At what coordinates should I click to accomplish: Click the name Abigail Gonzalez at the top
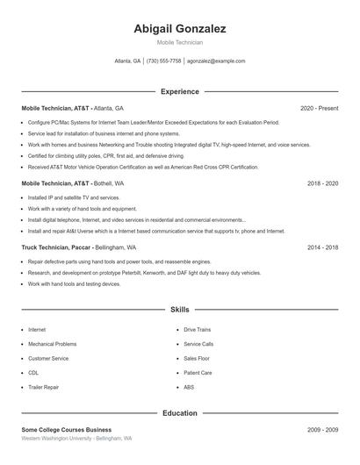180,29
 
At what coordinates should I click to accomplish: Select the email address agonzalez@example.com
216,61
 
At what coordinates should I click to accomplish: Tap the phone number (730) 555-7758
164,61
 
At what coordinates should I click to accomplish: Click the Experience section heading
180,91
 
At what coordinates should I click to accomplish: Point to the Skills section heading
180,310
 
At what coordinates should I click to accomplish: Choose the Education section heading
180,412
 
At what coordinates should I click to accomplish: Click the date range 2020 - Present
319,108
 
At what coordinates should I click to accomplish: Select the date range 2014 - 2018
322,247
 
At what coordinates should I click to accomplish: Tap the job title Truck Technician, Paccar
55,247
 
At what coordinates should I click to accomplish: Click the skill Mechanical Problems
53,344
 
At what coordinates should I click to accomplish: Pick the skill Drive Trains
197,330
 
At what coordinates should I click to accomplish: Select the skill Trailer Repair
44,387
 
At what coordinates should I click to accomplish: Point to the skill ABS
189,387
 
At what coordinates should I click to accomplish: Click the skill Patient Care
198,373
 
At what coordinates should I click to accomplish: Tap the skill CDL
34,373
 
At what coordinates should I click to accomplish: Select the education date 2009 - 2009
322,430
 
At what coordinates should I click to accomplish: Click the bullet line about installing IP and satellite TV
74,198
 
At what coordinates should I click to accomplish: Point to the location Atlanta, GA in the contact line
127,61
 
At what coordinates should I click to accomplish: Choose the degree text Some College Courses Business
67,430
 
